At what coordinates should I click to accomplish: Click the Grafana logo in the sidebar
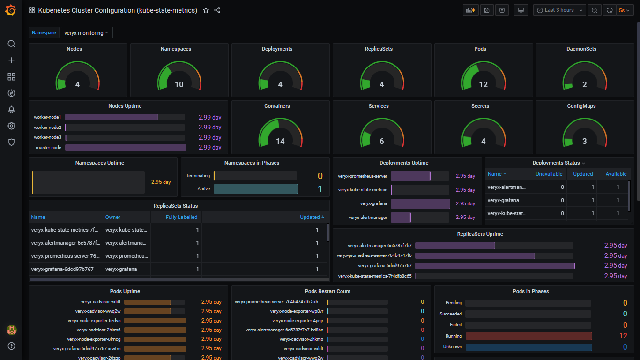11,10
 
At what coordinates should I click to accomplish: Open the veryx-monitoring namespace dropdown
87,33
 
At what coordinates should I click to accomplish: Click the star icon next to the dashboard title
206,10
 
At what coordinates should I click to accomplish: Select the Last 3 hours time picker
559,10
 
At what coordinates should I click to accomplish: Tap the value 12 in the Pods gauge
483,85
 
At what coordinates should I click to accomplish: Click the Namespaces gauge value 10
179,85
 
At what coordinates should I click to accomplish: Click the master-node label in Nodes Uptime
48,148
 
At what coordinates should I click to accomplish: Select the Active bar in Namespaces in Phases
255,189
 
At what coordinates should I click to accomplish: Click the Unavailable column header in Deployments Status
549,174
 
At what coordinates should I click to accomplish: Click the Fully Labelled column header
181,217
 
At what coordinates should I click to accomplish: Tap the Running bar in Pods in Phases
528,336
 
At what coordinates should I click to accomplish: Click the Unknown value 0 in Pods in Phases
625,347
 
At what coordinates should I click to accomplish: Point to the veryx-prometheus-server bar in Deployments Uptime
410,176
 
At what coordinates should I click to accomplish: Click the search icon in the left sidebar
12,44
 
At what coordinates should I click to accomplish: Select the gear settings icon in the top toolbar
502,10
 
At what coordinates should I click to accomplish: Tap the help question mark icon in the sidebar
12,346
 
